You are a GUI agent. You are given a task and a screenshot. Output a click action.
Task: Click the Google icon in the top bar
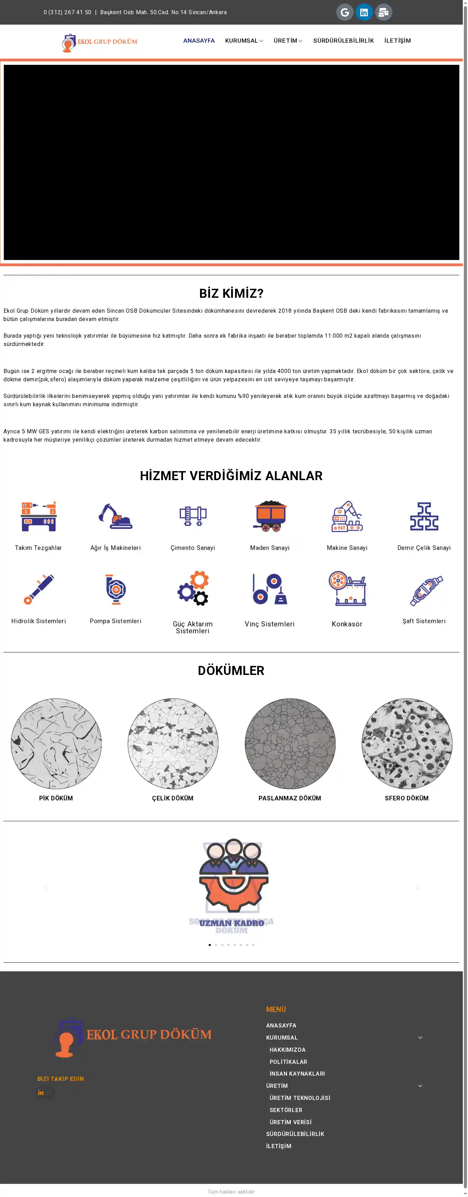(x=344, y=12)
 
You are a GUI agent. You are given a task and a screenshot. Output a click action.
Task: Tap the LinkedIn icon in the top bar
(x=364, y=12)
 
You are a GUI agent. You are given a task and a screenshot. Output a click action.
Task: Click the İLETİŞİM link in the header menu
(x=397, y=41)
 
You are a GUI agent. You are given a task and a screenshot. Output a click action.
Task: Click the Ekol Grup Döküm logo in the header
(x=99, y=42)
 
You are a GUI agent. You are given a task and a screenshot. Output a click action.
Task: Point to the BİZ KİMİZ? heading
(x=231, y=293)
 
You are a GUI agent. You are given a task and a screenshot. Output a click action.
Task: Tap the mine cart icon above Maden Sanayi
(x=270, y=516)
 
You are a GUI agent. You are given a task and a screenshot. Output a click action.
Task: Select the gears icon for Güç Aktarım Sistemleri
(x=193, y=588)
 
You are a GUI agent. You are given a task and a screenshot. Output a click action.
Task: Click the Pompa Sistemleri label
(x=115, y=621)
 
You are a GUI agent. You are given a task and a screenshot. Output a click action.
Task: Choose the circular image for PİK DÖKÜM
(x=56, y=744)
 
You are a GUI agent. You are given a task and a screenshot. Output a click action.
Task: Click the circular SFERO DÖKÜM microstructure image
(x=407, y=744)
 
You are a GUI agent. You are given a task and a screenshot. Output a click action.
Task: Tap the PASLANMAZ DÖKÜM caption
(x=289, y=798)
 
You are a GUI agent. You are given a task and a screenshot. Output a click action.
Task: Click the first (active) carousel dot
(x=210, y=945)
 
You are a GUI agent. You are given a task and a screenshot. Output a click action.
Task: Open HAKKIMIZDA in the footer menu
(x=287, y=1050)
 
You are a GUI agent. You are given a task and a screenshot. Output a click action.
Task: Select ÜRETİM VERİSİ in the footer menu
(x=290, y=1122)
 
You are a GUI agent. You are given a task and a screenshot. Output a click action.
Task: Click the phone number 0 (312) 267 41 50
(x=67, y=12)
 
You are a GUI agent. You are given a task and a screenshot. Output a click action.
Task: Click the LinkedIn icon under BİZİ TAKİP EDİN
(x=41, y=1092)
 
